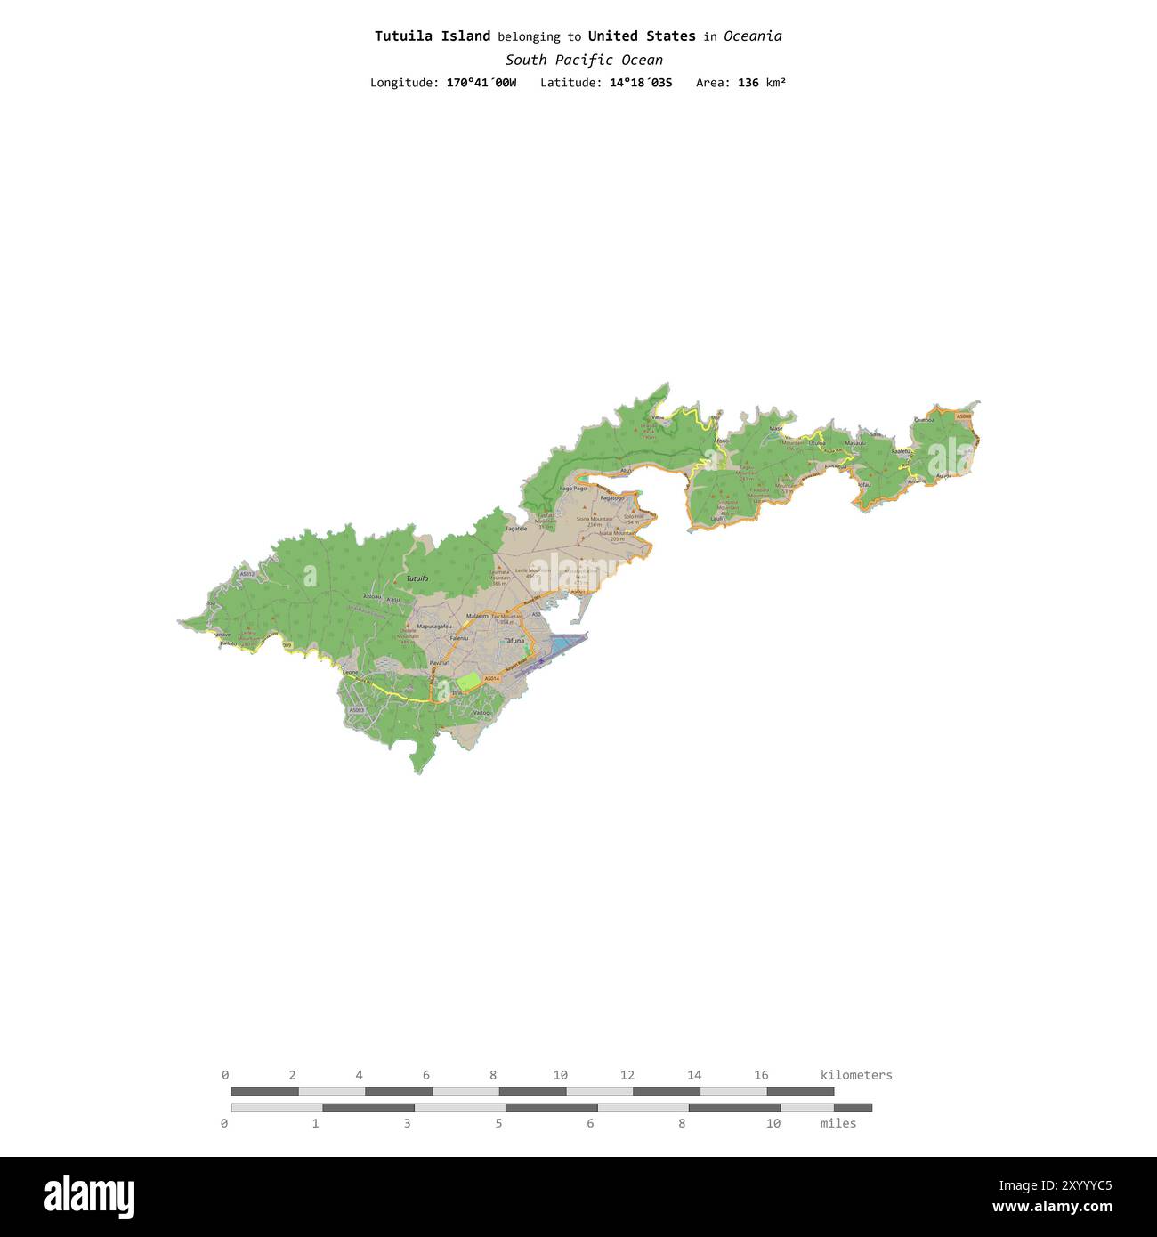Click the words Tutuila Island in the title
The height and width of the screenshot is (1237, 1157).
pos(432,36)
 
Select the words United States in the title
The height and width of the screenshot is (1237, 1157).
pos(642,36)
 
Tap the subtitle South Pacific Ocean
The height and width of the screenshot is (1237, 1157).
pos(584,61)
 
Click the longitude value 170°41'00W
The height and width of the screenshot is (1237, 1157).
pos(481,83)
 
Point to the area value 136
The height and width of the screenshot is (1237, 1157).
pos(748,83)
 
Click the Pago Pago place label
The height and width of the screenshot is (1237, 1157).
pos(572,489)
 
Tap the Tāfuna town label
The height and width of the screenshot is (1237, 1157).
pos(514,641)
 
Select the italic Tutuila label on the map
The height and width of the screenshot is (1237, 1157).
pos(417,578)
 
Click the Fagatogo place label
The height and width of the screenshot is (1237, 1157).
pos(612,498)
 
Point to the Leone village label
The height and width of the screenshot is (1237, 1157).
pos(351,672)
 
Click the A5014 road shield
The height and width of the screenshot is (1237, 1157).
pos(492,678)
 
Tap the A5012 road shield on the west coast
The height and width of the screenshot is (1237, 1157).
pos(247,574)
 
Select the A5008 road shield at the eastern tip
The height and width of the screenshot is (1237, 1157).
pos(964,416)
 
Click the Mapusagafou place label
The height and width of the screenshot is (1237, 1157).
pos(434,627)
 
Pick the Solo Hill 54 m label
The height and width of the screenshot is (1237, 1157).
pos(633,519)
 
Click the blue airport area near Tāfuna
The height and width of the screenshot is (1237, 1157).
pos(564,643)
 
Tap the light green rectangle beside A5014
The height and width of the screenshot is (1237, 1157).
pos(468,682)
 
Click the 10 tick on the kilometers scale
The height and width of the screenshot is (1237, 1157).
pos(560,1075)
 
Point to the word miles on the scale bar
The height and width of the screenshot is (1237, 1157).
pos(837,1123)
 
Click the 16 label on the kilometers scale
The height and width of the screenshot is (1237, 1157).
pos(761,1075)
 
